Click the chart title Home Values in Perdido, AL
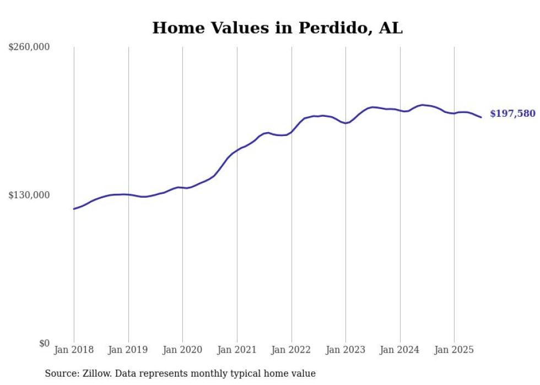pyautogui.click(x=277, y=28)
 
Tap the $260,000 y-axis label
pyautogui.click(x=29, y=47)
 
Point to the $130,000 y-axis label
pyautogui.click(x=29, y=195)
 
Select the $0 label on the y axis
pyautogui.click(x=44, y=343)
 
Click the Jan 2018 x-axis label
pyautogui.click(x=74, y=350)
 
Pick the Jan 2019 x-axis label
pyautogui.click(x=128, y=350)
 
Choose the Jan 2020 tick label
pyautogui.click(x=182, y=350)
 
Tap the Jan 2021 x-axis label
pyautogui.click(x=237, y=350)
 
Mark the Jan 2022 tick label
pyautogui.click(x=291, y=350)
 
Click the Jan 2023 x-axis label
pyautogui.click(x=345, y=350)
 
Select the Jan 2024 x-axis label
pyautogui.click(x=400, y=350)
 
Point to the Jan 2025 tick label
pyautogui.click(x=454, y=350)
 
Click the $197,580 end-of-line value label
pyautogui.click(x=512, y=114)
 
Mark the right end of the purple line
pyautogui.click(x=481, y=117)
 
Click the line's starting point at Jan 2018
pyautogui.click(x=74, y=209)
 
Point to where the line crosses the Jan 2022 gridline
pyautogui.click(x=291, y=132)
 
